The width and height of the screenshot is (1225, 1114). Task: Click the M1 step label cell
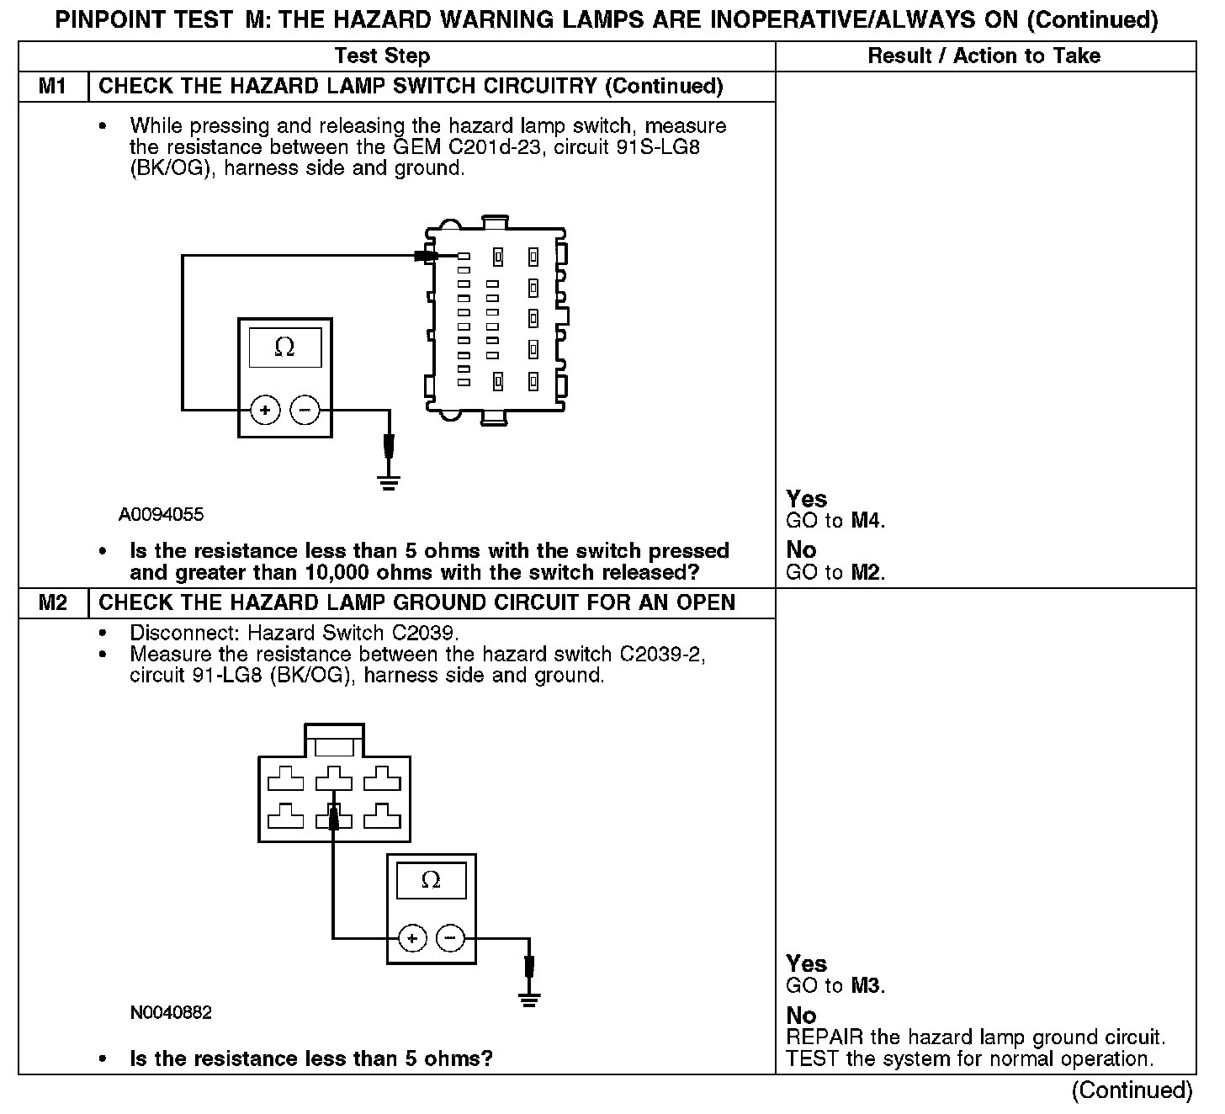[x=52, y=87]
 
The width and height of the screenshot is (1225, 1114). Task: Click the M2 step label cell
[x=52, y=603]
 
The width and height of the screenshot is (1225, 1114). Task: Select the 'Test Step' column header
[x=382, y=56]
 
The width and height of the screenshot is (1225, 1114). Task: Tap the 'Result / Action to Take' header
[x=984, y=56]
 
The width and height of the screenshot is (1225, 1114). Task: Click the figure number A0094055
[x=161, y=515]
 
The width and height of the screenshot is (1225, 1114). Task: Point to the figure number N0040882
[x=171, y=1013]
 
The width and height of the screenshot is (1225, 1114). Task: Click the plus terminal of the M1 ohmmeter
[x=265, y=411]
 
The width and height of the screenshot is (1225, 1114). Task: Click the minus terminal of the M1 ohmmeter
[x=305, y=411]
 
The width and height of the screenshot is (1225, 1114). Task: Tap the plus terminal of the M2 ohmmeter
[x=411, y=937]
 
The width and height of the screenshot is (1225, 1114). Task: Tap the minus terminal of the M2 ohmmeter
[x=451, y=937]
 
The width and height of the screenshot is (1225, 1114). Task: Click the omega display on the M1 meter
[x=284, y=347]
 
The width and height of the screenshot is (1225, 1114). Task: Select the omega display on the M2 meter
[x=431, y=880]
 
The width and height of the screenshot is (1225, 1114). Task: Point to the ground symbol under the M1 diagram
[x=389, y=482]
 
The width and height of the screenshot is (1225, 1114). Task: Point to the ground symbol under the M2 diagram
[x=529, y=1000]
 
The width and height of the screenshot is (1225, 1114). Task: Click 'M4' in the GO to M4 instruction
[x=867, y=521]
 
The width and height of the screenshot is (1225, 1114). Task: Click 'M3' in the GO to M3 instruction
[x=867, y=986]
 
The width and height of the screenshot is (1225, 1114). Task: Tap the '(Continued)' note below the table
[x=1132, y=1090]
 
